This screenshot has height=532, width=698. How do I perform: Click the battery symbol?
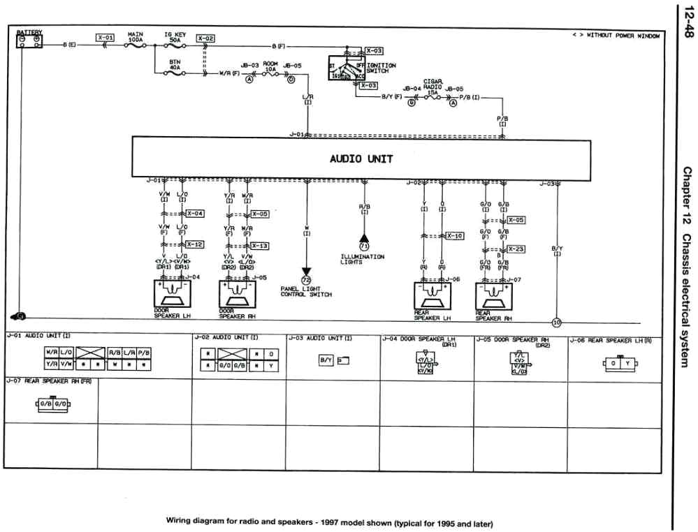pos(29,40)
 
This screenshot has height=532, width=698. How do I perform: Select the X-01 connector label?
pos(105,38)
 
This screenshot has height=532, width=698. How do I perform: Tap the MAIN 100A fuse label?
pos(136,36)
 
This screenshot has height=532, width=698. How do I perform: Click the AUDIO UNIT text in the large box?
pos(361,158)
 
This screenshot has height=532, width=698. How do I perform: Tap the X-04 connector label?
pos(195,213)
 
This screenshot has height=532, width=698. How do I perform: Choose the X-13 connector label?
pos(259,246)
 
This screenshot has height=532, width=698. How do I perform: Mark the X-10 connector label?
pos(454,236)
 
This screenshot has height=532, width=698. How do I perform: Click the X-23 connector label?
pos(516,249)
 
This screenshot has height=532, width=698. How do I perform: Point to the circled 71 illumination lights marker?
pos(363,246)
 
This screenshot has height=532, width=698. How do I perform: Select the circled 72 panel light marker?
pos(305,280)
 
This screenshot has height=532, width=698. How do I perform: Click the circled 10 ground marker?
pos(556,323)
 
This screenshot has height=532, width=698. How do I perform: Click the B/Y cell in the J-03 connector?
pos(326,360)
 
